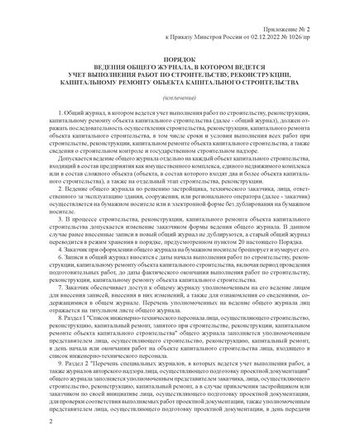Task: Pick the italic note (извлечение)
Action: pos(180,117)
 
